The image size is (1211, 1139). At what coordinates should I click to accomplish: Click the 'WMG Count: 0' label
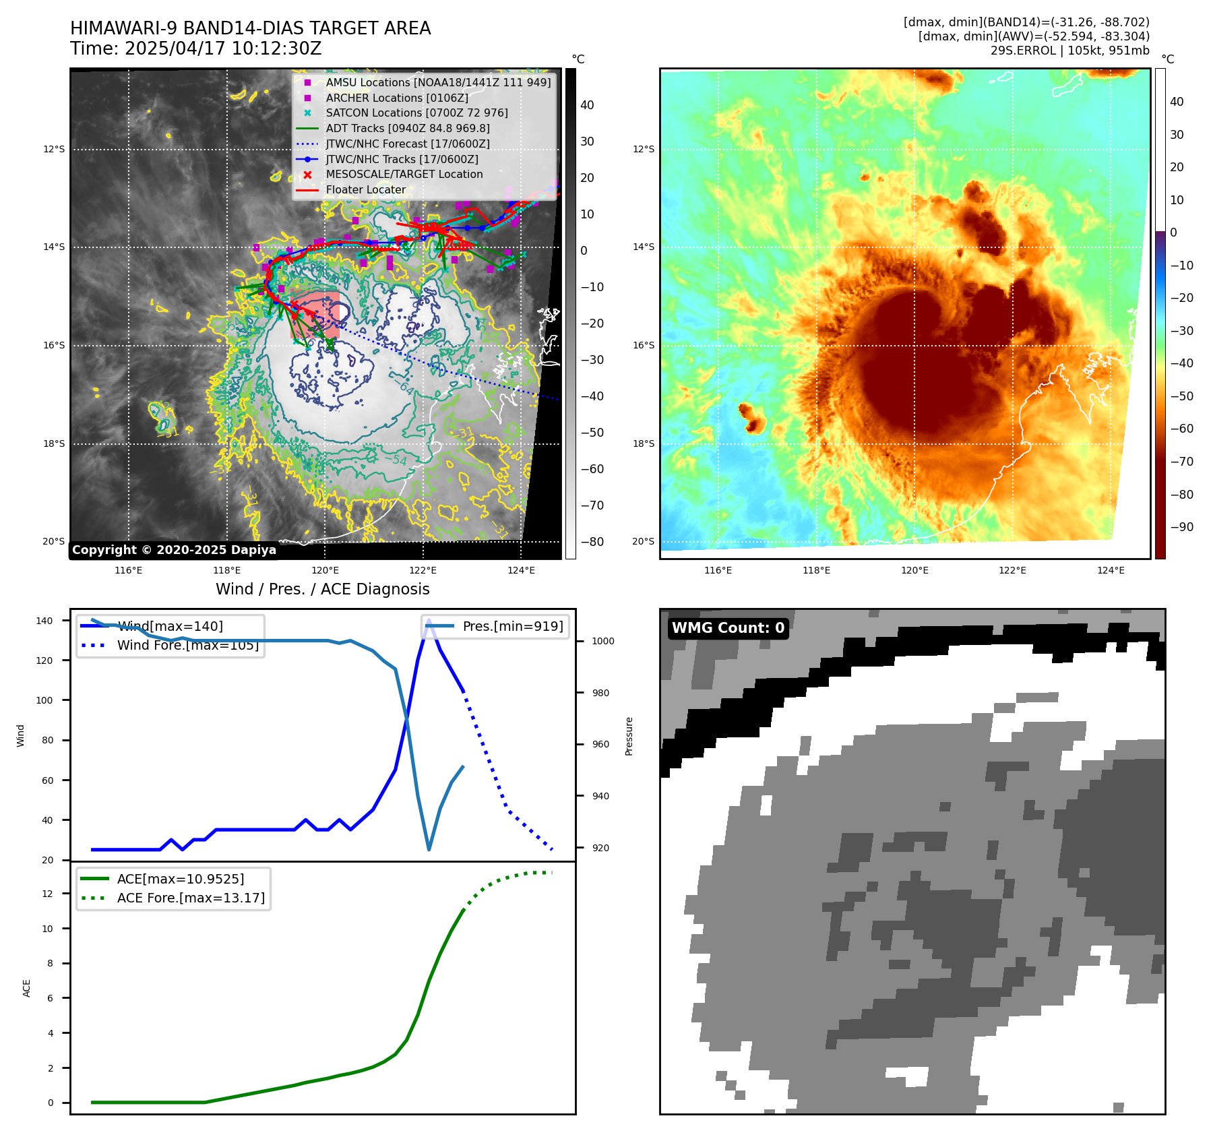pyautogui.click(x=728, y=628)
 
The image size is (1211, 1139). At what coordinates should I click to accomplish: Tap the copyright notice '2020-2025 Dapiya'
pyautogui.click(x=174, y=550)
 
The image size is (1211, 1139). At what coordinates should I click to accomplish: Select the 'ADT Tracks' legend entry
pyautogui.click(x=407, y=128)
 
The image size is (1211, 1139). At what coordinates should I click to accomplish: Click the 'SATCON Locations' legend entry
pyautogui.click(x=416, y=113)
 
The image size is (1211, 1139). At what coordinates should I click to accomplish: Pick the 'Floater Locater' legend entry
pyautogui.click(x=365, y=190)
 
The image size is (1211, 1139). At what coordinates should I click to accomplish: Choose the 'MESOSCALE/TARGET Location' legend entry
pyautogui.click(x=404, y=175)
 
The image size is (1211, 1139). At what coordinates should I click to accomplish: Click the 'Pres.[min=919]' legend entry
pyautogui.click(x=512, y=626)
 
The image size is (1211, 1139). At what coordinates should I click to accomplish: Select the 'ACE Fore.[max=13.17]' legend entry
pyautogui.click(x=191, y=898)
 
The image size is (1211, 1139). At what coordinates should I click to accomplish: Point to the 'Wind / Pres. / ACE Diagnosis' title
pyautogui.click(x=322, y=589)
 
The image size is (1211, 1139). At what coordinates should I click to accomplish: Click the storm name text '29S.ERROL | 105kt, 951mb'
pyautogui.click(x=1069, y=51)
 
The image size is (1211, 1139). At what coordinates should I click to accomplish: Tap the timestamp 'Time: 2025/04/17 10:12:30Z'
pyautogui.click(x=195, y=49)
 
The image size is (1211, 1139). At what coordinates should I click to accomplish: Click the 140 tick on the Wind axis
pyautogui.click(x=44, y=621)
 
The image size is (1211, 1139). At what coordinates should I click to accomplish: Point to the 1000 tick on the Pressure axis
pyautogui.click(x=602, y=641)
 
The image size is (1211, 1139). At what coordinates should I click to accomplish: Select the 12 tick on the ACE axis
pyautogui.click(x=47, y=894)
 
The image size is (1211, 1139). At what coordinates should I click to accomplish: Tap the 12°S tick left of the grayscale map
pyautogui.click(x=54, y=149)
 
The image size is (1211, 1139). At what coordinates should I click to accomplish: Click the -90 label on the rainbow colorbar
pyautogui.click(x=1181, y=527)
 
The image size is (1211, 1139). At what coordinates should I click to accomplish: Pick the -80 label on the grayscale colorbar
pyautogui.click(x=592, y=542)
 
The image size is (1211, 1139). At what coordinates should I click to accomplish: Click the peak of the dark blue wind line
pyautogui.click(x=429, y=620)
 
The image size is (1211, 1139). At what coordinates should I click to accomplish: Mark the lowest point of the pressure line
pyautogui.click(x=429, y=849)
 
